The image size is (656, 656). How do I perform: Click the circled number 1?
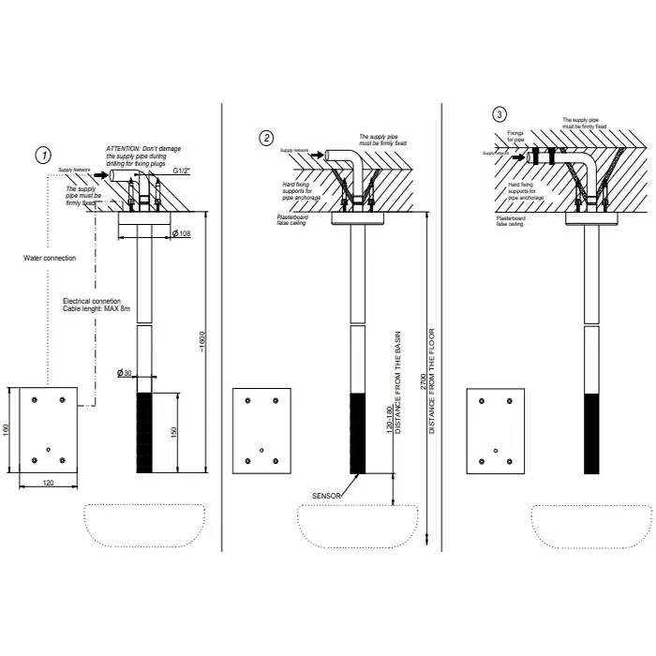(x=43, y=155)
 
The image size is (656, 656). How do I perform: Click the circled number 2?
(x=267, y=138)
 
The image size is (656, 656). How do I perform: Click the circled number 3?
(x=499, y=114)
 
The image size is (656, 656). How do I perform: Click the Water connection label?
(x=49, y=258)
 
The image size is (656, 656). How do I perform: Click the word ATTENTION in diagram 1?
(x=123, y=148)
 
